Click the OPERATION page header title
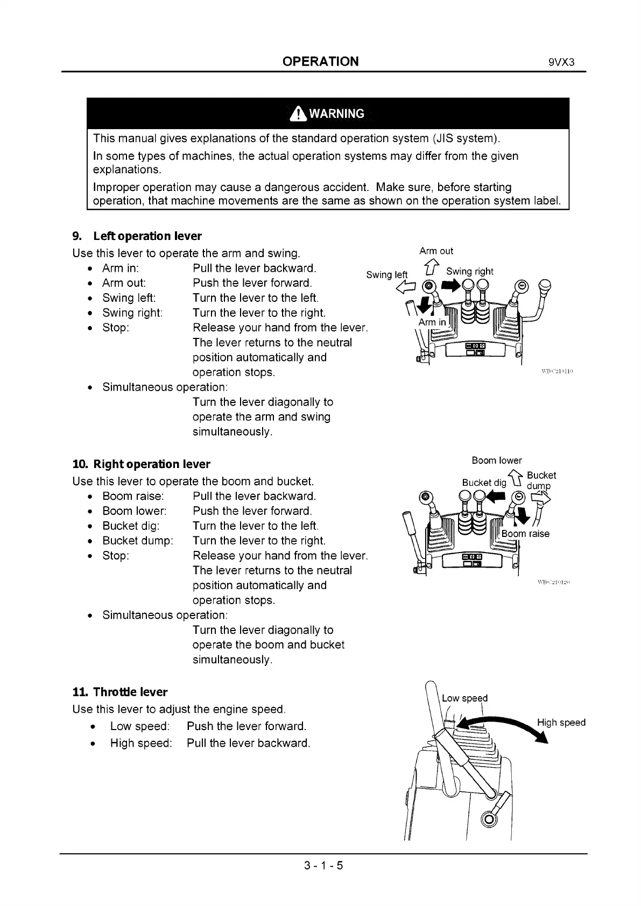(320, 61)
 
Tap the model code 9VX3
(562, 62)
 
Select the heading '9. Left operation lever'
(137, 236)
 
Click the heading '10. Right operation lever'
(141, 464)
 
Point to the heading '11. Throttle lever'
(120, 692)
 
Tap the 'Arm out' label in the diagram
(436, 251)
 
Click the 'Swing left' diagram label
(386, 275)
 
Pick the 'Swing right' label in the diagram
(469, 272)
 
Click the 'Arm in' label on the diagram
(432, 322)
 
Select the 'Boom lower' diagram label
(496, 461)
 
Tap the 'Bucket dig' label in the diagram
(484, 483)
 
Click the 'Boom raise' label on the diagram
(525, 534)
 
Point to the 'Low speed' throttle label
(464, 698)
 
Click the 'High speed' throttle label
(561, 723)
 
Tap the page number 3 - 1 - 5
(323, 866)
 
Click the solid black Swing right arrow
(450, 285)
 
